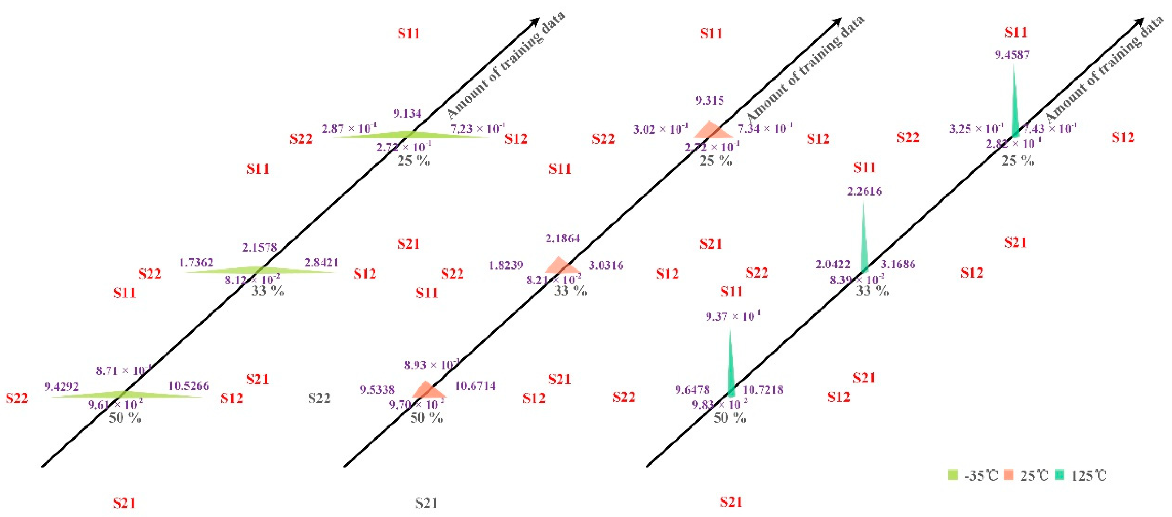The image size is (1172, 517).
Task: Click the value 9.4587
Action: (x=1011, y=55)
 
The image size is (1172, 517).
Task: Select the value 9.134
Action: (x=407, y=113)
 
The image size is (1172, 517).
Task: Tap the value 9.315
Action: (x=709, y=100)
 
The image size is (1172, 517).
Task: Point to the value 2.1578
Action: (x=259, y=247)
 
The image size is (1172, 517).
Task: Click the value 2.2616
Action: (x=864, y=191)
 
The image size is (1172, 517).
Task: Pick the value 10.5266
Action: (x=189, y=386)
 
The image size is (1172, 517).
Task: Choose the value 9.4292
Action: (x=62, y=387)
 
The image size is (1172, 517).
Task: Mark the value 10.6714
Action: (x=475, y=386)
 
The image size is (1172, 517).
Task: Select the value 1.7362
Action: (x=196, y=263)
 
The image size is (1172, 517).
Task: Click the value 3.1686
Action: (x=897, y=264)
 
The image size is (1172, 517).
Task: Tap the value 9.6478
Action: (x=692, y=390)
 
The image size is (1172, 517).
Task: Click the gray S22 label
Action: (x=319, y=398)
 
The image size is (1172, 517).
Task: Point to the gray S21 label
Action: (x=426, y=503)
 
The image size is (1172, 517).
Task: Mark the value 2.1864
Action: (x=563, y=238)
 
